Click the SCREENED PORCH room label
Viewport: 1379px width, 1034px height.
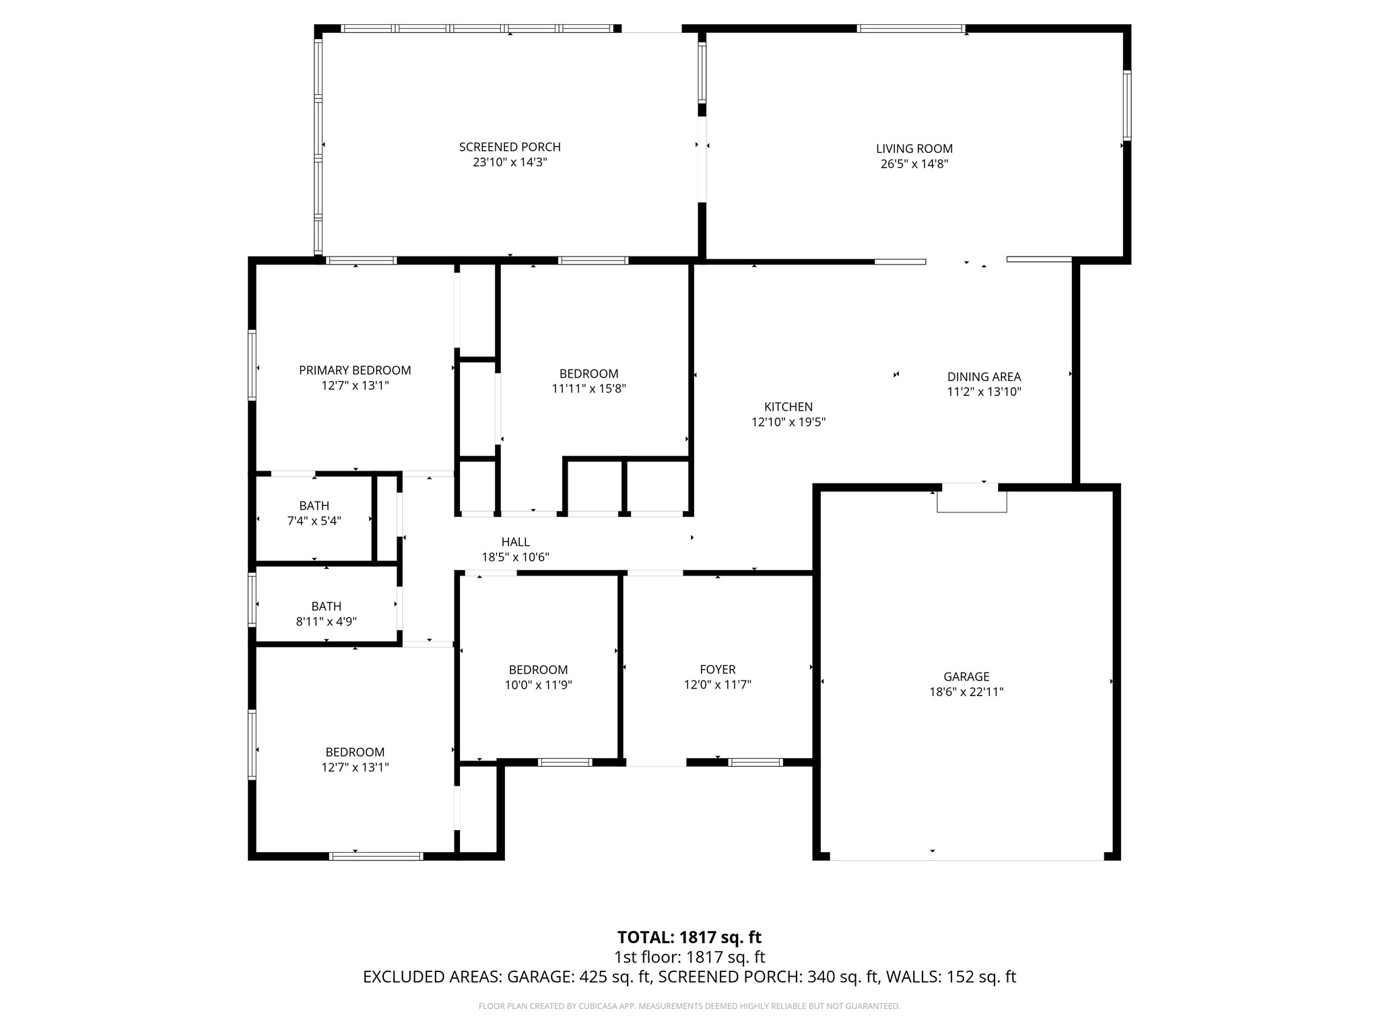(510, 147)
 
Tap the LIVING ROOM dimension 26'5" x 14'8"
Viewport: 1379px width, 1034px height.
(914, 164)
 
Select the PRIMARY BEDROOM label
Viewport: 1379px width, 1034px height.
(355, 370)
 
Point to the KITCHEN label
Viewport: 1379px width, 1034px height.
(788, 407)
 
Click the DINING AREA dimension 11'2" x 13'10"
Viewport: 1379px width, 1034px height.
(984, 392)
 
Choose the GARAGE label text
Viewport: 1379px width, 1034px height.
(966, 677)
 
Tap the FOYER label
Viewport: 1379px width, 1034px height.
(717, 669)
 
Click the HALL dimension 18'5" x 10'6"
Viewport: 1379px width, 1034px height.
(515, 557)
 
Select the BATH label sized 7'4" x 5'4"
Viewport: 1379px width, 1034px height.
(314, 506)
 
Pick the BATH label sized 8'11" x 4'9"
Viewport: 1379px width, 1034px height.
(326, 607)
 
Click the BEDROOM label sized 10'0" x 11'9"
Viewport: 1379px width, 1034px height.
(538, 670)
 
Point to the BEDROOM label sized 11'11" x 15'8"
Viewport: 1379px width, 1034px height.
(588, 374)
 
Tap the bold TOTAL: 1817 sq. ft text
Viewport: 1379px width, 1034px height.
(689, 937)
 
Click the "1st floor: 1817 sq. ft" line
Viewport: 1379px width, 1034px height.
(689, 957)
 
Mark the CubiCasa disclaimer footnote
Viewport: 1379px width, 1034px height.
(689, 1006)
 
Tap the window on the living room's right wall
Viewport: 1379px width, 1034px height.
(1126, 105)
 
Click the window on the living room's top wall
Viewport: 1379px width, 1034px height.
(910, 29)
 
